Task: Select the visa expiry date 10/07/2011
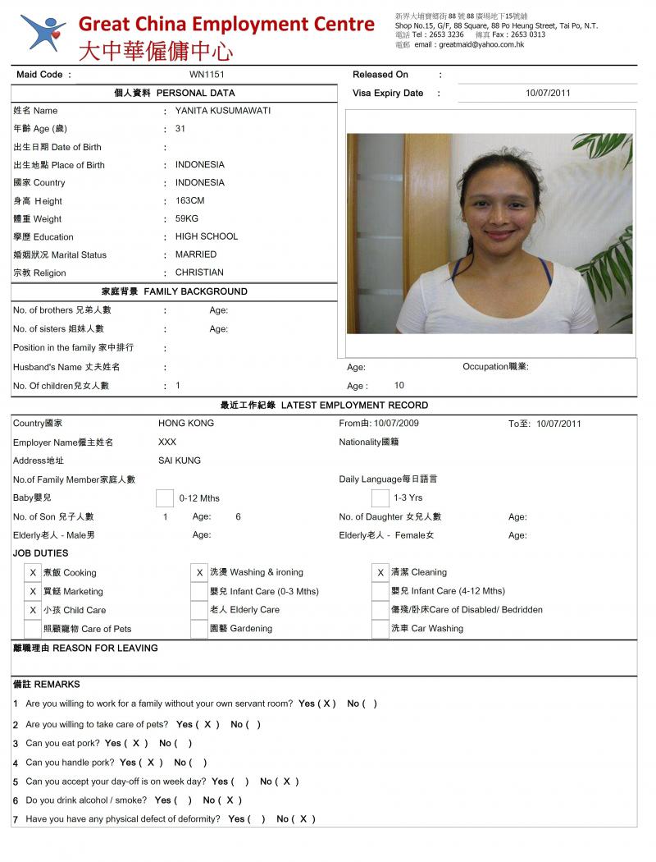click(x=548, y=93)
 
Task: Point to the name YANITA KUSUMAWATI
click(x=222, y=111)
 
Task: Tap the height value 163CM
click(x=189, y=201)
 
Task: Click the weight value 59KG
click(x=186, y=219)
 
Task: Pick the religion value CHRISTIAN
click(x=199, y=273)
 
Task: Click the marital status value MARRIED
click(x=196, y=254)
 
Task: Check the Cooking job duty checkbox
click(x=33, y=572)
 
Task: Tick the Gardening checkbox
click(x=198, y=629)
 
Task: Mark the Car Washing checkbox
click(x=380, y=629)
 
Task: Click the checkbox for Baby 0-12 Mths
click(x=164, y=497)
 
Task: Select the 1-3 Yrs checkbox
click(x=380, y=497)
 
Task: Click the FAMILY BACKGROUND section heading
click(x=174, y=291)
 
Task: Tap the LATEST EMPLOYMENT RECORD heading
click(x=324, y=405)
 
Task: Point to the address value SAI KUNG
click(x=179, y=461)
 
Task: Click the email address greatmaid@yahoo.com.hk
click(x=481, y=44)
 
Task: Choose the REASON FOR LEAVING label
click(x=85, y=648)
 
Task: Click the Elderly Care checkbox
click(x=198, y=610)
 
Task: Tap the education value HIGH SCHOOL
click(x=207, y=236)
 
